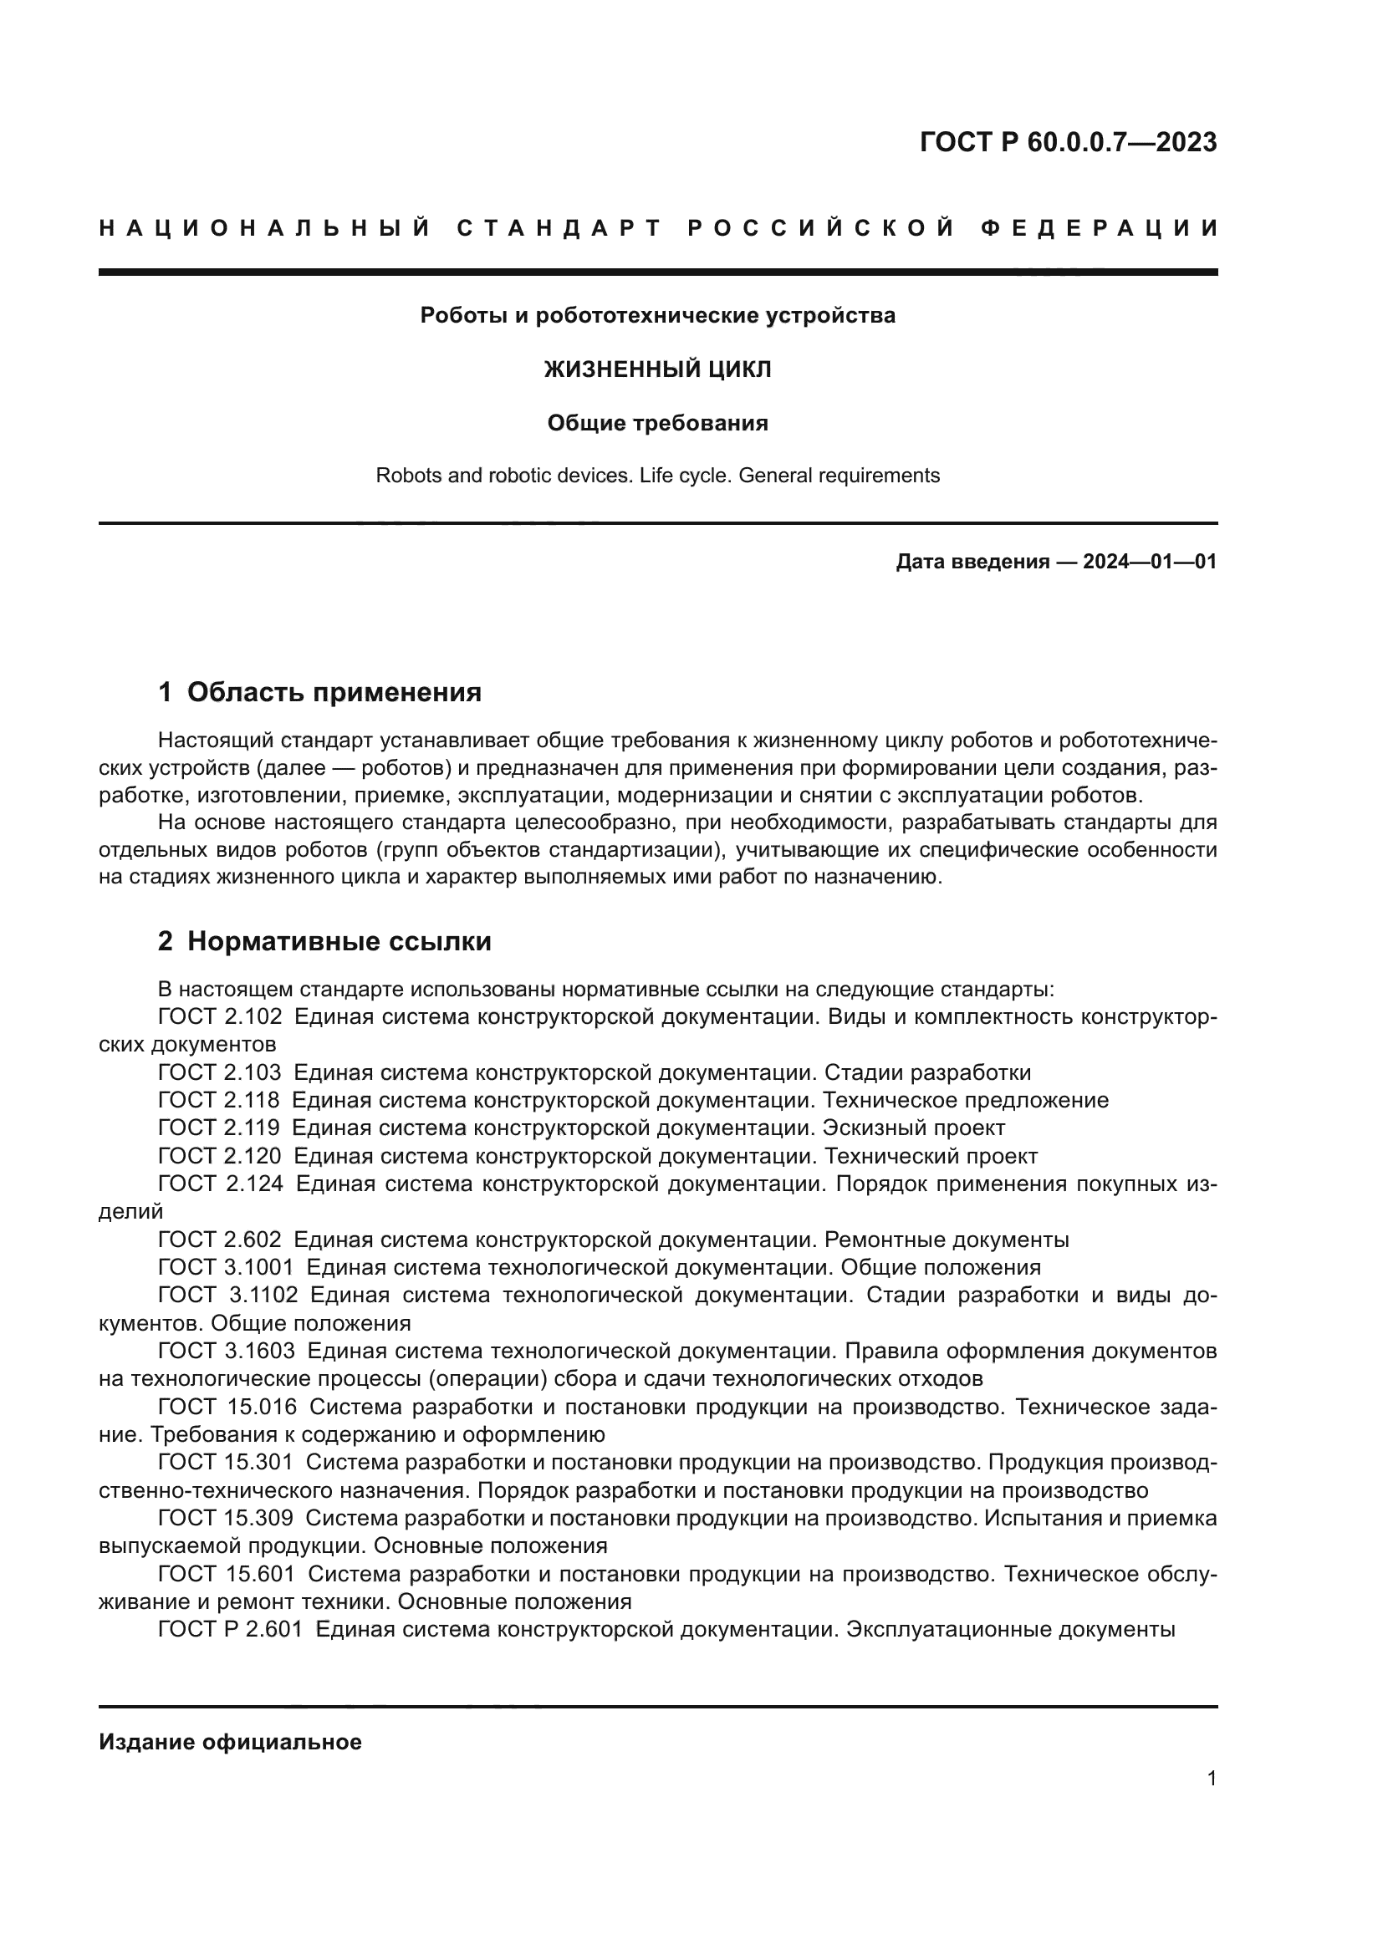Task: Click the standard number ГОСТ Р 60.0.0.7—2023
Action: [x=1068, y=142]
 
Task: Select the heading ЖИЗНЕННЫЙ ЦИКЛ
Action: [x=657, y=369]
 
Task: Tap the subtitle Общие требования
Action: [x=657, y=423]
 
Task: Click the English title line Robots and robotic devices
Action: [x=657, y=476]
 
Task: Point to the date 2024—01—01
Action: [x=1150, y=562]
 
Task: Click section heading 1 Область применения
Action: [x=320, y=692]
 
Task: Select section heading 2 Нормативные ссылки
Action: [x=324, y=942]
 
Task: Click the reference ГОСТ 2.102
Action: [x=220, y=1016]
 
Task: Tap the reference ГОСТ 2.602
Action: [x=220, y=1240]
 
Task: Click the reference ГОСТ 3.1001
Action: [x=226, y=1267]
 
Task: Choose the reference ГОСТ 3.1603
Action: [x=227, y=1351]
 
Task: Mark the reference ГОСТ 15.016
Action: [x=227, y=1407]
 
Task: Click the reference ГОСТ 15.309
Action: [x=226, y=1518]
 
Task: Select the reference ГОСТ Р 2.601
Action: [x=230, y=1630]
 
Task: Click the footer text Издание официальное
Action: [x=230, y=1742]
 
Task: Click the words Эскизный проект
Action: [x=914, y=1128]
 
